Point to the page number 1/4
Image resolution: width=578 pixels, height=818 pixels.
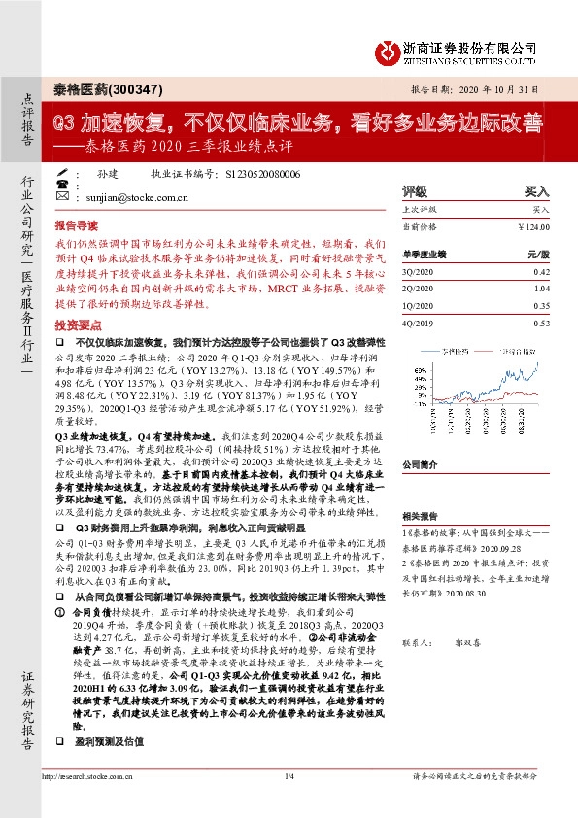coord(289,802)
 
